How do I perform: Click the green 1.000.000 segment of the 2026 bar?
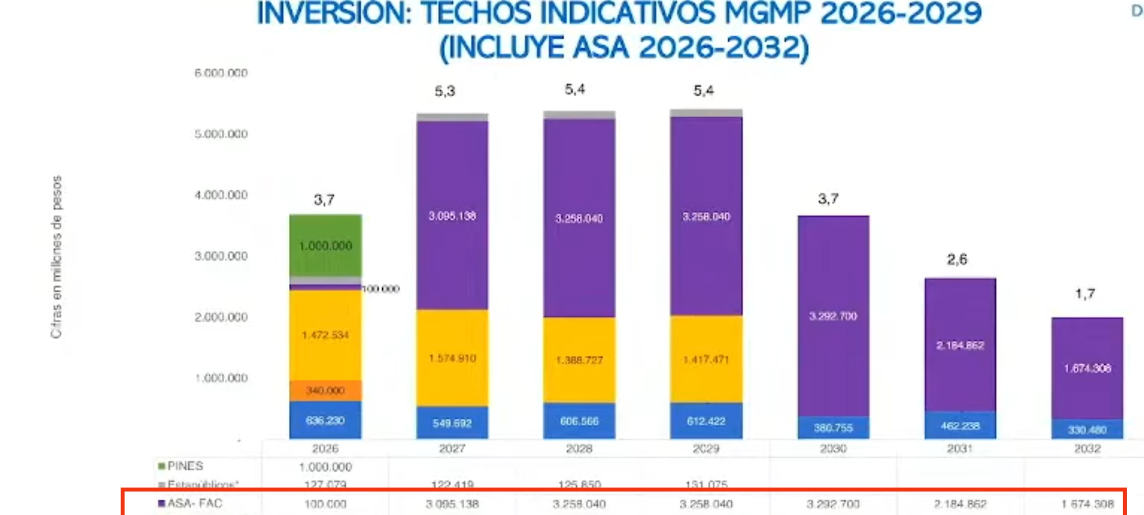pos(326,246)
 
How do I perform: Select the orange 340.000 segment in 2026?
pos(326,391)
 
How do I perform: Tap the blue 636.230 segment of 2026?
pos(326,420)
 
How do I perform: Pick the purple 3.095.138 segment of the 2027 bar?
pos(452,216)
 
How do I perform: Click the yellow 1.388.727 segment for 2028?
pos(579,360)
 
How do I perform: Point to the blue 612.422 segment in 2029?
pos(706,421)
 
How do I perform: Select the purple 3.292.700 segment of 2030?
pos(833,316)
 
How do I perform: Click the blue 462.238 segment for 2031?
pos(960,425)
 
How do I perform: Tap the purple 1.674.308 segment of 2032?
pos(1087,368)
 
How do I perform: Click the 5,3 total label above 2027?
pos(445,91)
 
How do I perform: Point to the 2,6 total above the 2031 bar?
pos(957,259)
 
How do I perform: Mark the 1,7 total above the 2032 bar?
pos(1085,294)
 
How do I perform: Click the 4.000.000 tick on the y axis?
pos(221,195)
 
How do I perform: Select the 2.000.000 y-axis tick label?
pos(221,317)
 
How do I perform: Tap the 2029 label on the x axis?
pos(706,449)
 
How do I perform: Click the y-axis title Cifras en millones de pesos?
pos(57,257)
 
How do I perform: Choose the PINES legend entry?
pos(184,466)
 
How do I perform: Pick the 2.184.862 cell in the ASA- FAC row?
pos(960,504)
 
